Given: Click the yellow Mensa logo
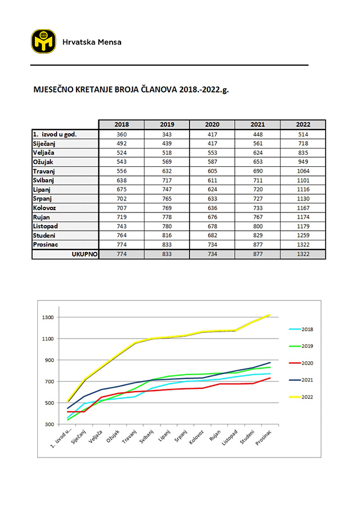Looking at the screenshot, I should [43, 41].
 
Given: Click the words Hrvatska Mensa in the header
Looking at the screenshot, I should [91, 42].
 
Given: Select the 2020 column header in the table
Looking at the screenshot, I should [212, 125].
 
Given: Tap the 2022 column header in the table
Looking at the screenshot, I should [303, 125].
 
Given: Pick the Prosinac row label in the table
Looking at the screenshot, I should [47, 244].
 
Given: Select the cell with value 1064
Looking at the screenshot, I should [303, 171].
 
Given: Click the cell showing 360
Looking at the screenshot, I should [121, 134].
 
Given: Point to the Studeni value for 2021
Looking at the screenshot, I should [257, 235].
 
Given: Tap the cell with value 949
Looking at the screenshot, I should [303, 162].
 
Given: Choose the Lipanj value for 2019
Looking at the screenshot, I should [167, 189].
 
